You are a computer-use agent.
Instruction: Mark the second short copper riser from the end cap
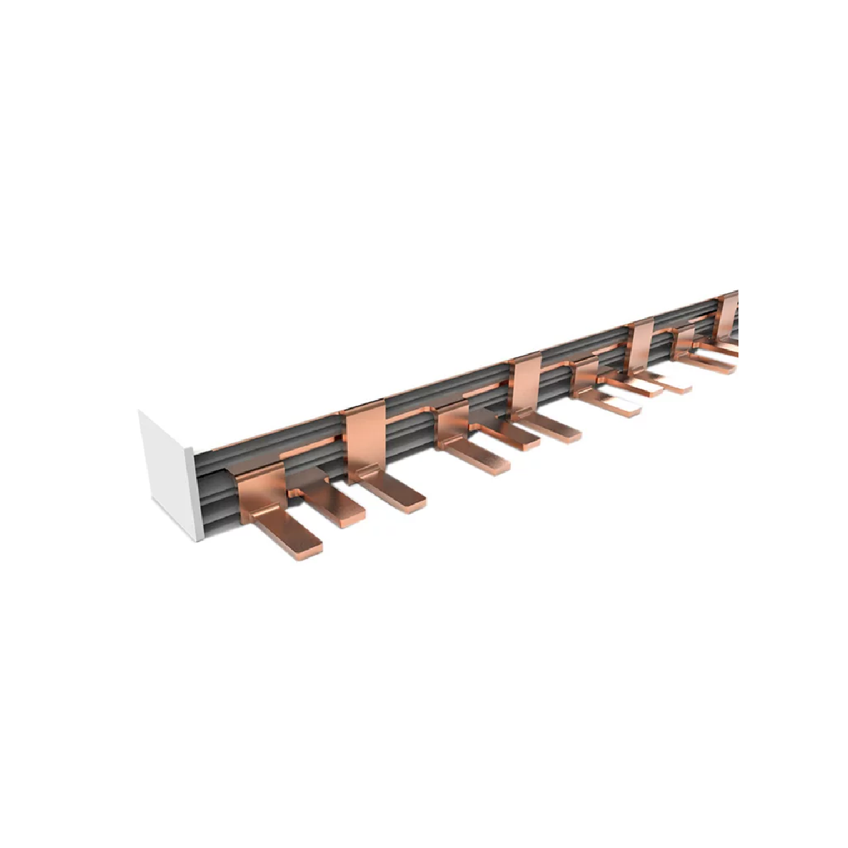click(452, 424)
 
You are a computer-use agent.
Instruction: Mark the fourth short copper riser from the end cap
click(683, 342)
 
